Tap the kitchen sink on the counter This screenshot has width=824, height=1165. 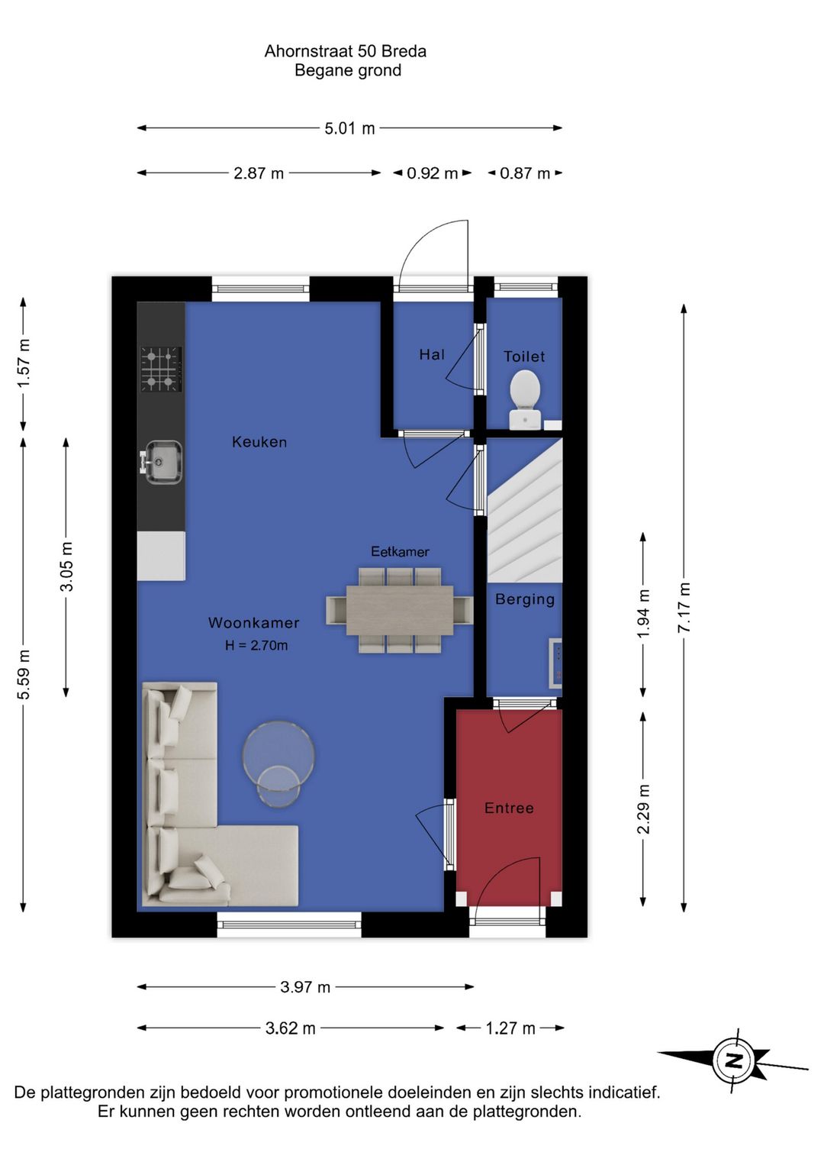163,462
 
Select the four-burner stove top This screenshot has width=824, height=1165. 161,370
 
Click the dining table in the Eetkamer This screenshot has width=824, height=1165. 399,610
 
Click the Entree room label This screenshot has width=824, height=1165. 508,808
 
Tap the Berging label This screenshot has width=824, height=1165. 525,599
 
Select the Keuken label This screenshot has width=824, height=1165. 259,442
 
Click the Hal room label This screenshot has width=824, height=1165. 432,355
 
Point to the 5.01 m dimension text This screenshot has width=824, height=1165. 349,128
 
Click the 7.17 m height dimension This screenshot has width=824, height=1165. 684,608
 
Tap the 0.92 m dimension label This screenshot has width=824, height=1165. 432,173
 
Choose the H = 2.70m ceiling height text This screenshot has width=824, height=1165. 256,645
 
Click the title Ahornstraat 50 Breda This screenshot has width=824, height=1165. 345,51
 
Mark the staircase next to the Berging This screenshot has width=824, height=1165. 525,510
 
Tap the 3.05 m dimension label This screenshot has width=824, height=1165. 66,566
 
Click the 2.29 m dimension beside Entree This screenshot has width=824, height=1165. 643,808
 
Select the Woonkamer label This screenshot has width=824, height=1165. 254,622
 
